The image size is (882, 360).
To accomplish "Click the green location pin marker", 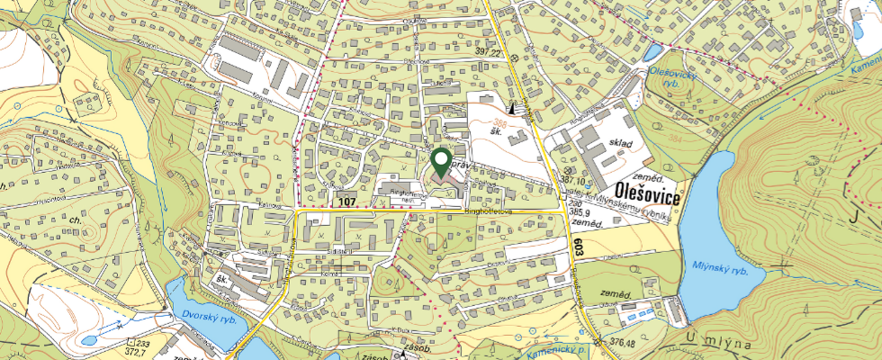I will click(x=441, y=163).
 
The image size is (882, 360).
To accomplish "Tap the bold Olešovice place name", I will click(x=649, y=192).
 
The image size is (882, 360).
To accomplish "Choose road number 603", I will click(x=576, y=245).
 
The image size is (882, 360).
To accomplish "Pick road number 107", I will click(x=349, y=202).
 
